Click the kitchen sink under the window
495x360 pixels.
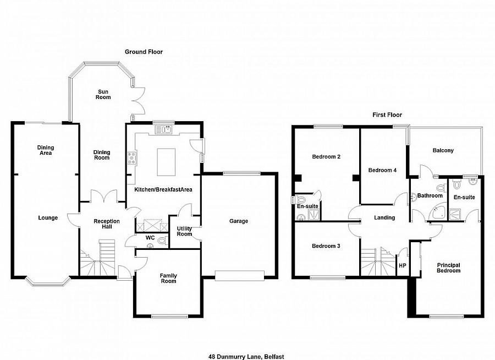[164, 130]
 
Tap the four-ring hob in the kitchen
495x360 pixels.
[132, 158]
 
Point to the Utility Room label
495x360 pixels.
[184, 231]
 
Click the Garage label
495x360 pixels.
[239, 221]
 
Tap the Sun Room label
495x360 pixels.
[104, 94]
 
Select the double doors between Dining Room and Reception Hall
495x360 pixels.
[104, 196]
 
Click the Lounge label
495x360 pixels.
[48, 218]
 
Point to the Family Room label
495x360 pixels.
[168, 278]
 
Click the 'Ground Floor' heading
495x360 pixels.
[143, 52]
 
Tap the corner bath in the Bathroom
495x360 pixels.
[439, 212]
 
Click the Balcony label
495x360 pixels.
[443, 150]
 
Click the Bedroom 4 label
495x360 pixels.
[382, 170]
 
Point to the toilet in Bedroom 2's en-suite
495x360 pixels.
[300, 199]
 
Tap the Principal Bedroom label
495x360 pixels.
[448, 268]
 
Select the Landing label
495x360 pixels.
[384, 217]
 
